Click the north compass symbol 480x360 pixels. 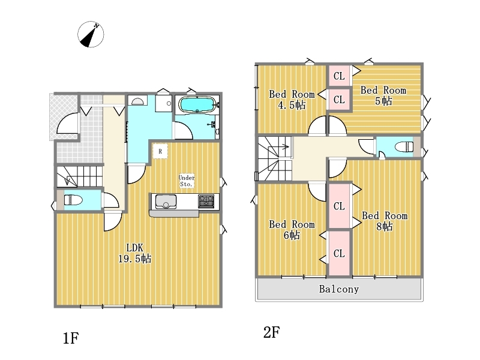pyautogui.click(x=91, y=34)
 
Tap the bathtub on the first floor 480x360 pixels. pyautogui.click(x=197, y=104)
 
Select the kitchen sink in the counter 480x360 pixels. pyautogui.click(x=166, y=202)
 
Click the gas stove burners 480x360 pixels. pyautogui.click(x=206, y=202)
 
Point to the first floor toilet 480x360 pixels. pyautogui.click(x=73, y=200)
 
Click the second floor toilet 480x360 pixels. pyautogui.click(x=404, y=147)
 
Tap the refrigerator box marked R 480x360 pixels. pyautogui.click(x=160, y=151)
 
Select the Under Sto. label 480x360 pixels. pyautogui.click(x=187, y=181)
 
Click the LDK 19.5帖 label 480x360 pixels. pyautogui.click(x=134, y=253)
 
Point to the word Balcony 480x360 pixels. pyautogui.click(x=339, y=289)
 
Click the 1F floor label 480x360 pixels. pyautogui.click(x=71, y=338)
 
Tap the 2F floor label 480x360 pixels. pyautogui.click(x=272, y=332)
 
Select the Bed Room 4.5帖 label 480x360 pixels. pyautogui.click(x=292, y=100)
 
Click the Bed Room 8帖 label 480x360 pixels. pyautogui.click(x=385, y=221)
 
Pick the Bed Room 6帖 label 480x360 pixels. pyautogui.click(x=292, y=230)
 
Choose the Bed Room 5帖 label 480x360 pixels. pyautogui.click(x=383, y=95)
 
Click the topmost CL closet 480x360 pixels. pyautogui.click(x=339, y=76)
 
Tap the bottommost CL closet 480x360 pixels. pyautogui.click(x=339, y=253)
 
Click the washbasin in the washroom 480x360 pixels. pyautogui.click(x=137, y=101)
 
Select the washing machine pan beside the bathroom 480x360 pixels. pyautogui.click(x=163, y=103)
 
